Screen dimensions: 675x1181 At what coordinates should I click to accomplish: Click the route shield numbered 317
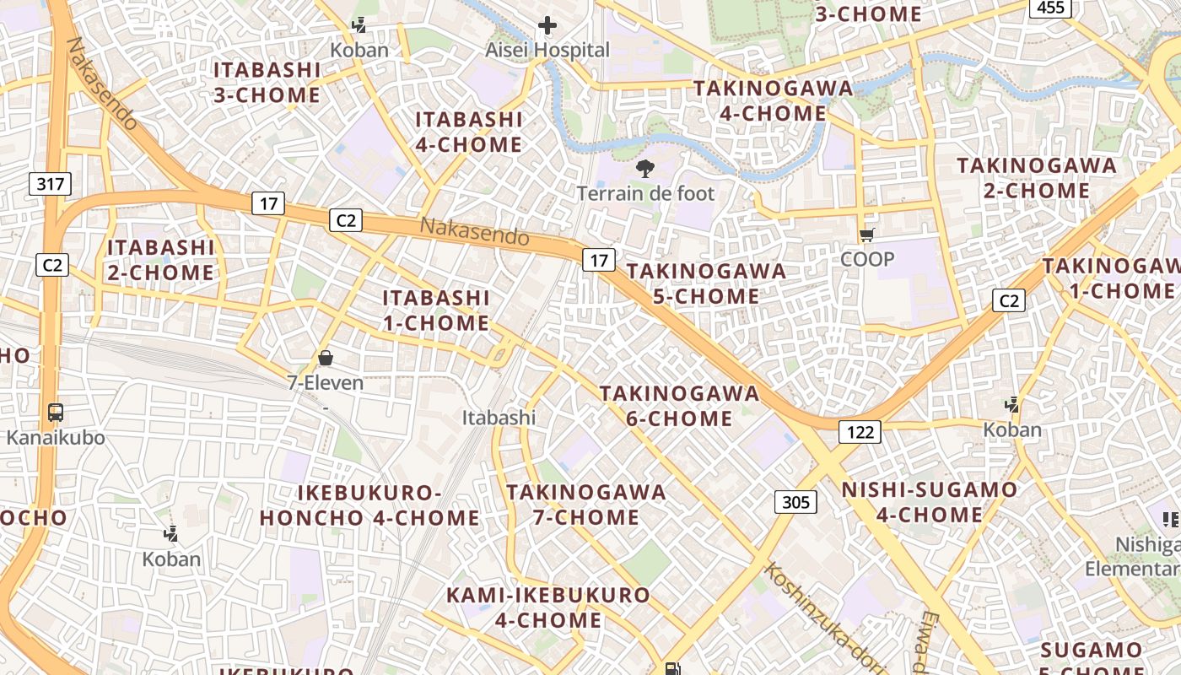51,183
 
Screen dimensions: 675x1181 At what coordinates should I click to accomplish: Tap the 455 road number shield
1050,8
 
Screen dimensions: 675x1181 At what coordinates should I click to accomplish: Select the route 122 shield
860,433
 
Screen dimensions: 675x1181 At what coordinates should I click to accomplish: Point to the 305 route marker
795,503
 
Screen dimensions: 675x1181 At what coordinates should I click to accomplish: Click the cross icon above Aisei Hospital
547,26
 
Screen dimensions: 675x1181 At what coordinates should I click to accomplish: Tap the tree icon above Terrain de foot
645,169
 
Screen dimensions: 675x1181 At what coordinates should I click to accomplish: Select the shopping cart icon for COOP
866,235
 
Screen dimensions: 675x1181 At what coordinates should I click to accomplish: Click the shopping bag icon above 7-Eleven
326,358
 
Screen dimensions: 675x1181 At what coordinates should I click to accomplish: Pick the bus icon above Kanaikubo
56,413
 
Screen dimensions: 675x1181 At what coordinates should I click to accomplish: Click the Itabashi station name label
499,417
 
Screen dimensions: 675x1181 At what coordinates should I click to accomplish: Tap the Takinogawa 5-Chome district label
706,283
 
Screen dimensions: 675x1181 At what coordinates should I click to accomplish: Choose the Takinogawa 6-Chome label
679,406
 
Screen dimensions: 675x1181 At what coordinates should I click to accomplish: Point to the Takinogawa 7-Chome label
586,505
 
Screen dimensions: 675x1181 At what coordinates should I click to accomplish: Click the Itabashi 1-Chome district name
436,310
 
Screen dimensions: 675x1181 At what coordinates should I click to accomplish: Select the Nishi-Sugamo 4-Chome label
930,502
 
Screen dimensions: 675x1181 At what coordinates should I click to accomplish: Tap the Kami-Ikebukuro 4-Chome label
548,607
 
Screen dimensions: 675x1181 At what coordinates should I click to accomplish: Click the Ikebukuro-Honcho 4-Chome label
369,505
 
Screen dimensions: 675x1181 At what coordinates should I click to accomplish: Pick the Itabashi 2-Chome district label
160,260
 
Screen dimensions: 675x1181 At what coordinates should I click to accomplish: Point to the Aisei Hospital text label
547,51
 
